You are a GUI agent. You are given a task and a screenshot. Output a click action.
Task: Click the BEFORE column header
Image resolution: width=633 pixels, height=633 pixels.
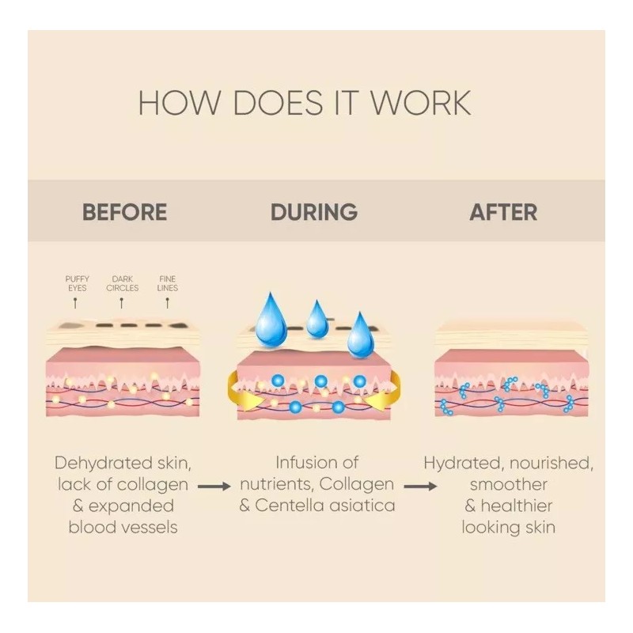tap(125, 212)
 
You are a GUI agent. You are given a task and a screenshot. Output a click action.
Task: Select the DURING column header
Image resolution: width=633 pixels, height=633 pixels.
tap(314, 212)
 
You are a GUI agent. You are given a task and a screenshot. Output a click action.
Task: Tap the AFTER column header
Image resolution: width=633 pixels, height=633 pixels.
tap(503, 212)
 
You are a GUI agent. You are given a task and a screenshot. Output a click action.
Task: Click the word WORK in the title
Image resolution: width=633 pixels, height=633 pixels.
tap(421, 103)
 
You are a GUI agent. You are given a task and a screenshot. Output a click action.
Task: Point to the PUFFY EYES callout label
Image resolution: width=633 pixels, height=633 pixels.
tap(77, 283)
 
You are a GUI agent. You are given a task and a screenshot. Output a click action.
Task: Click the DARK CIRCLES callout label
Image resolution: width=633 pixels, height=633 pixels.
tap(123, 283)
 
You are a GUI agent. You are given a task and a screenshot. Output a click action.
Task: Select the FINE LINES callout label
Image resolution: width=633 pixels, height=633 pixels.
tap(168, 283)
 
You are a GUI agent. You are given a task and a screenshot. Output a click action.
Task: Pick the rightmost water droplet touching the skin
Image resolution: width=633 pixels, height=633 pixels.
tap(361, 335)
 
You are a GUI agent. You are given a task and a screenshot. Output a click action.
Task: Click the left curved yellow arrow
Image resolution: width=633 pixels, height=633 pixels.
tap(241, 393)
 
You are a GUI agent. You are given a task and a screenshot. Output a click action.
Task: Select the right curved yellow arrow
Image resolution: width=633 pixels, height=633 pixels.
tap(386, 393)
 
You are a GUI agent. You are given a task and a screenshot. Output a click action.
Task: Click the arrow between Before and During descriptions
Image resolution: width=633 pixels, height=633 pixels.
tap(214, 487)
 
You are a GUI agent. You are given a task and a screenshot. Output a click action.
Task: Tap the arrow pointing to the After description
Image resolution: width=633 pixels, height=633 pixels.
tap(420, 487)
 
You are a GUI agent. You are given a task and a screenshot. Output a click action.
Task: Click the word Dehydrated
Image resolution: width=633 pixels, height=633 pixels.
tap(104, 464)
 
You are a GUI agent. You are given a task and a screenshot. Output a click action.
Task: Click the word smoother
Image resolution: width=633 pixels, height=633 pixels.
tap(509, 484)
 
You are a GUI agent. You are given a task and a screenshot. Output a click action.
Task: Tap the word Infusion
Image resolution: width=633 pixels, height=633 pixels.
tap(298, 463)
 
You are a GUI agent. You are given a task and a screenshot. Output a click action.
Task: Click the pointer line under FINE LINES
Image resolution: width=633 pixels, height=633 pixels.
tap(168, 303)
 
